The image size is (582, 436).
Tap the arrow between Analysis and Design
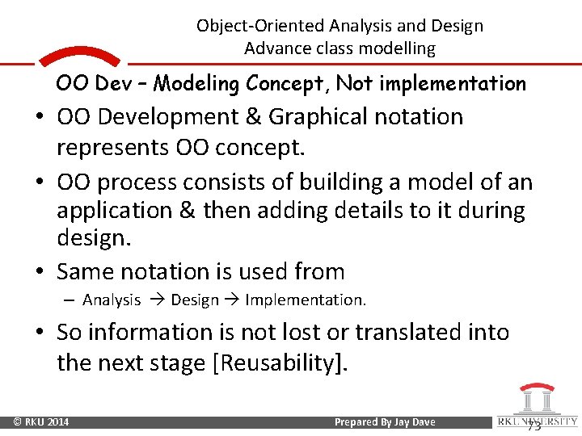(x=155, y=300)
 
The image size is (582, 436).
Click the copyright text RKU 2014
(x=40, y=422)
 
